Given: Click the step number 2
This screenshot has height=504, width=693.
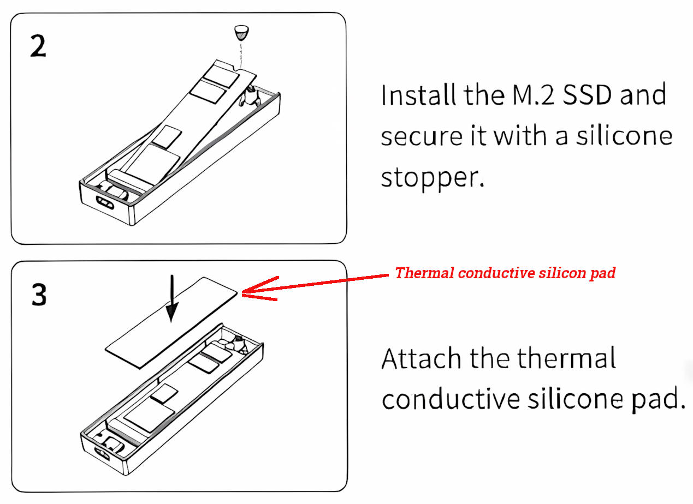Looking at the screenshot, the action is point(38,46).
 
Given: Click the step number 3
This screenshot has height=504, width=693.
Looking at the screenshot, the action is point(39,295).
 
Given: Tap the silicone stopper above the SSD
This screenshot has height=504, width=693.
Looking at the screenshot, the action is point(241,33).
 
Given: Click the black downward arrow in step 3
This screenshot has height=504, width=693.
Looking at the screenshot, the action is point(172,298).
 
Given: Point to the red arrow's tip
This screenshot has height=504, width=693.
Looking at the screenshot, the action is point(241,292).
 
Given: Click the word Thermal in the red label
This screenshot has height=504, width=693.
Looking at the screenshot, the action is point(424,273).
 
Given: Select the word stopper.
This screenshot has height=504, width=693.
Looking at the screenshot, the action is point(432,178).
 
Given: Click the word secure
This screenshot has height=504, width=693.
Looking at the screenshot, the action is point(422,137).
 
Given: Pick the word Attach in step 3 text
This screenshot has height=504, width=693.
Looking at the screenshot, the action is point(422,358).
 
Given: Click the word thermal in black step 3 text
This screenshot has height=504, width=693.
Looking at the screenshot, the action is point(566,358).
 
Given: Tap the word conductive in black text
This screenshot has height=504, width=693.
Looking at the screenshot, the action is point(451,399).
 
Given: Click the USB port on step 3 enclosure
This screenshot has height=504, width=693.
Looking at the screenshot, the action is point(103,453).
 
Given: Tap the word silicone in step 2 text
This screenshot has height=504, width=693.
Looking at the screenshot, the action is point(624,136).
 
